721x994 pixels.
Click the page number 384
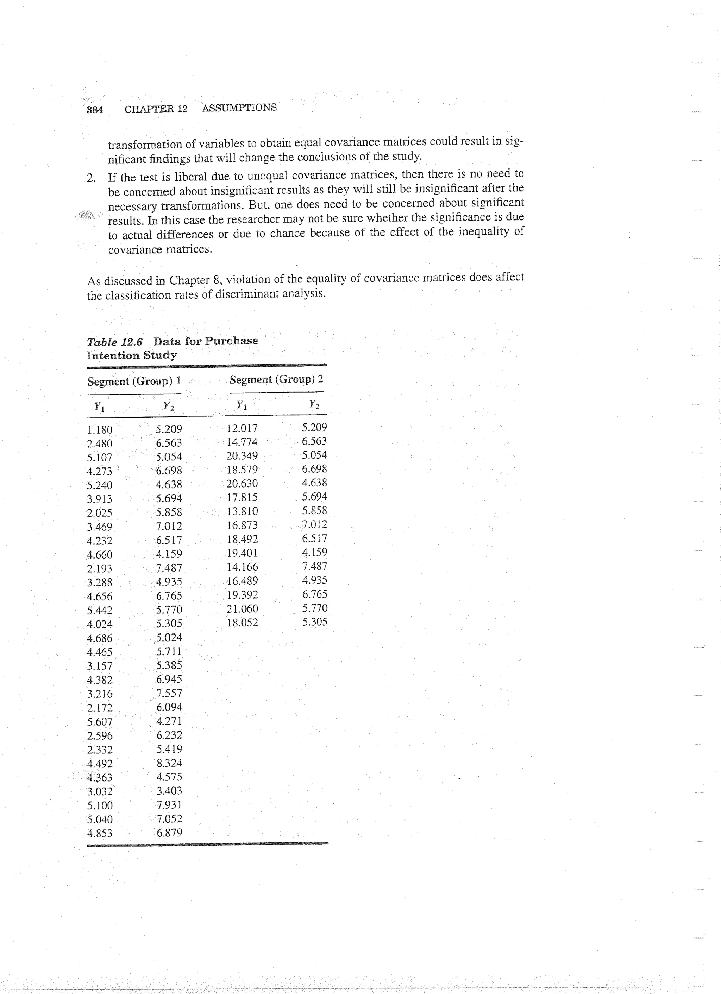(95, 110)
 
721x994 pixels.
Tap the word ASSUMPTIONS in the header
(239, 108)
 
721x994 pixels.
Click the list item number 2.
(91, 178)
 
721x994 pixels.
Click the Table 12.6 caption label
(114, 342)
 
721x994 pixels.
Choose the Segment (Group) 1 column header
(134, 381)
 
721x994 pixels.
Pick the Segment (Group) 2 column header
(276, 380)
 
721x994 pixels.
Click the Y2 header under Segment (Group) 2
(314, 404)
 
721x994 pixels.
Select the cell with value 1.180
(100, 429)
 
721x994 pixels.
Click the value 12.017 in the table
(242, 428)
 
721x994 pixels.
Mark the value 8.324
(169, 763)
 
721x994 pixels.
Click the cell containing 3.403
(169, 791)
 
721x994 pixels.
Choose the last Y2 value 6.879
(169, 833)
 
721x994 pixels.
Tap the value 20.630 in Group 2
(242, 483)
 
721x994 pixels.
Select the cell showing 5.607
(100, 722)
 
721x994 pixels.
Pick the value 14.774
(242, 442)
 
